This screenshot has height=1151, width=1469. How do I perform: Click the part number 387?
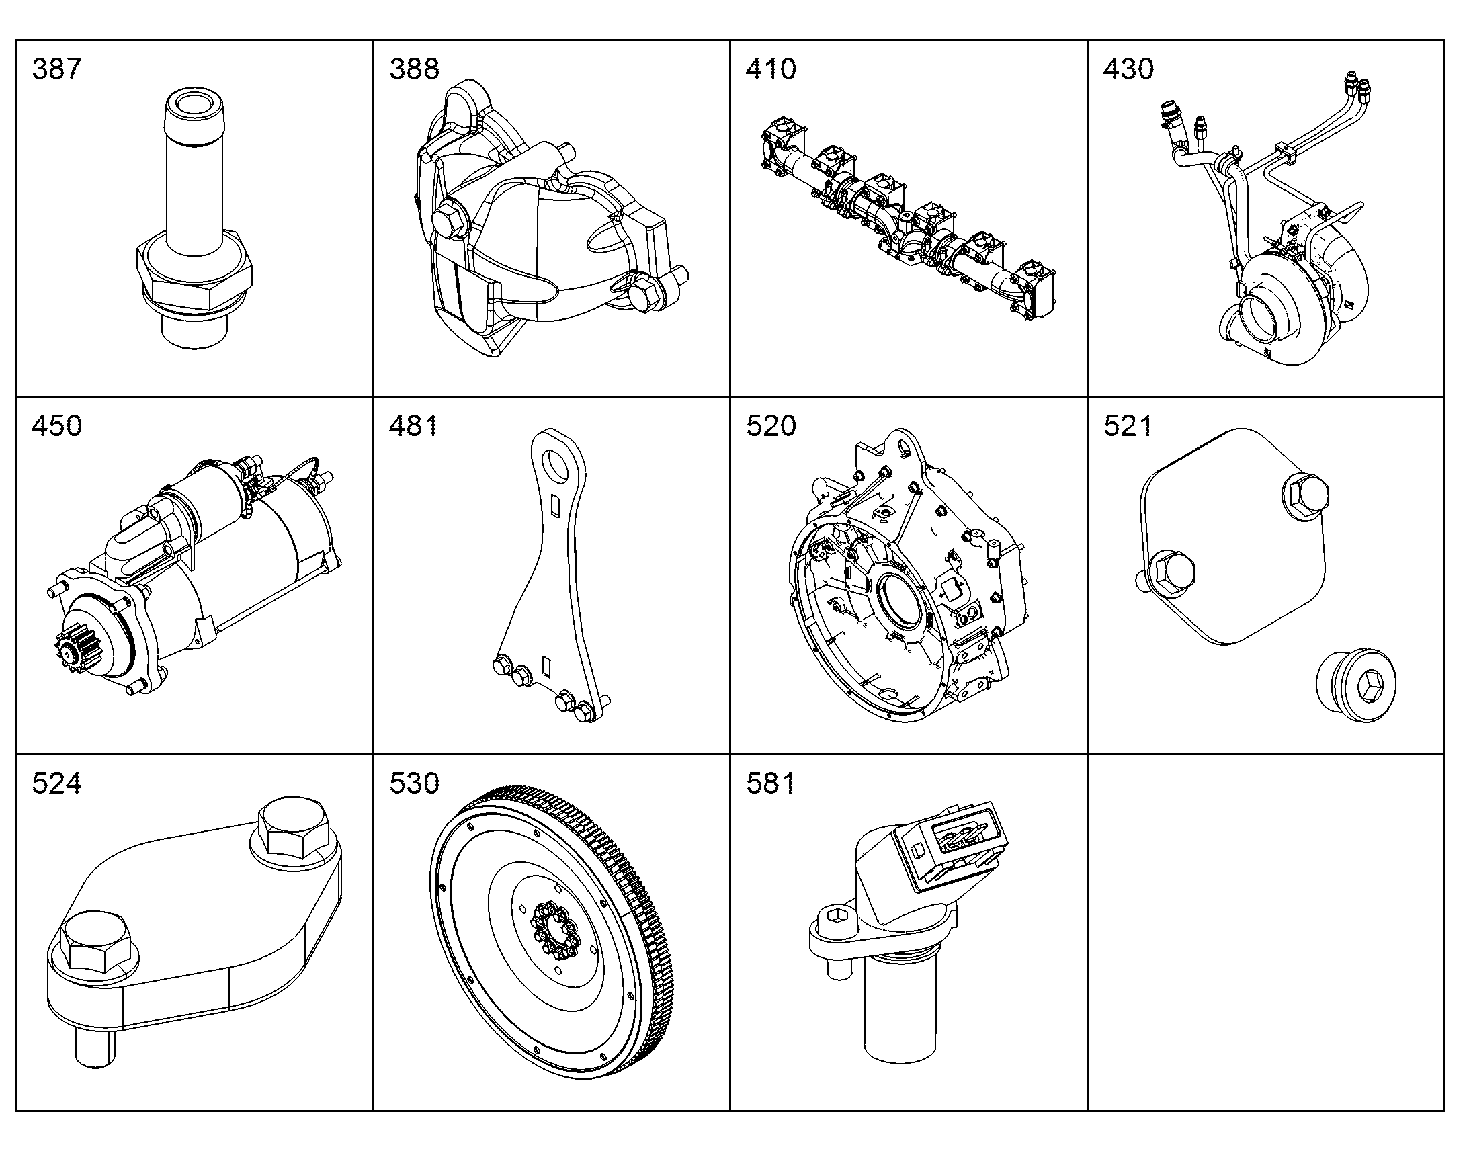(x=56, y=69)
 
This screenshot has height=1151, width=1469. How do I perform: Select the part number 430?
(x=1128, y=69)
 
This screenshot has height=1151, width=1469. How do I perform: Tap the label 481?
(x=413, y=426)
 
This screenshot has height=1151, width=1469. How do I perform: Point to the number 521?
(x=1128, y=426)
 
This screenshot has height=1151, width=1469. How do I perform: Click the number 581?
(x=770, y=783)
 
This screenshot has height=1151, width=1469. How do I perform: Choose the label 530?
(x=414, y=783)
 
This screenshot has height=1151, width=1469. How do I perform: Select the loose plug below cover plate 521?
(x=1356, y=686)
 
